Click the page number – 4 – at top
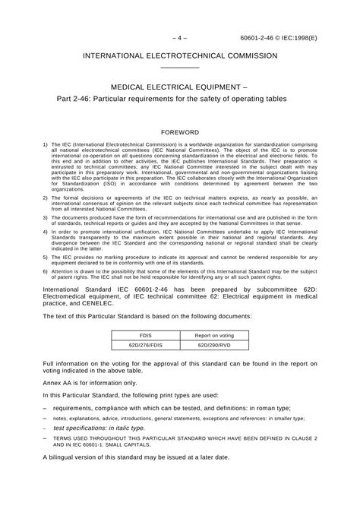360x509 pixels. tap(180, 36)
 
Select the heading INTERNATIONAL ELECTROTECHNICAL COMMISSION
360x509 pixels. tap(180, 57)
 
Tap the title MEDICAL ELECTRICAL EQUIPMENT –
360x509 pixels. tap(180, 87)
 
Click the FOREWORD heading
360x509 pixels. tap(180, 132)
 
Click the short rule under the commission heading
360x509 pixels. tap(180, 68)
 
